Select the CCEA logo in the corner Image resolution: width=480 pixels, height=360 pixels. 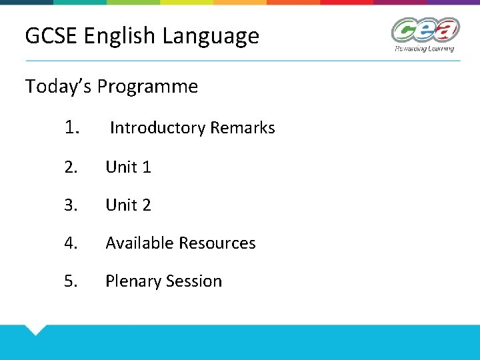(425, 31)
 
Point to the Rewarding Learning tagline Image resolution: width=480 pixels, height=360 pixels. (424, 49)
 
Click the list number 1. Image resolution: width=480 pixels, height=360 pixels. (73, 127)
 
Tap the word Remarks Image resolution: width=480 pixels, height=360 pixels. (243, 128)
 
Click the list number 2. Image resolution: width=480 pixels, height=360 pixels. (71, 167)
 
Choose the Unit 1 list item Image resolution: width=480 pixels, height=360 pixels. (128, 167)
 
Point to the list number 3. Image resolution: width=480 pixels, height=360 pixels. (71, 205)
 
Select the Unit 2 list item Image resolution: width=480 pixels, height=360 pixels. (128, 205)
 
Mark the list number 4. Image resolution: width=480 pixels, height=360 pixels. (71, 243)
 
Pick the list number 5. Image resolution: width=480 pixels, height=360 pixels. (71, 281)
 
